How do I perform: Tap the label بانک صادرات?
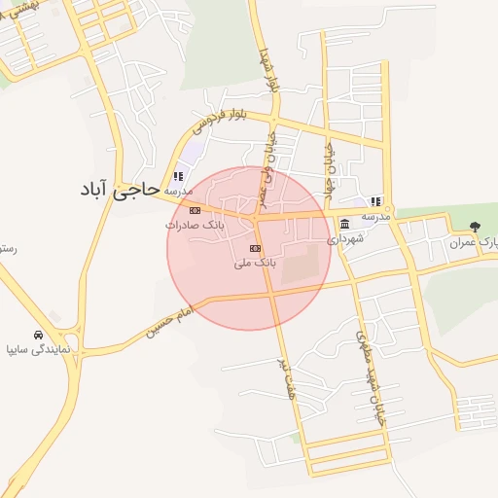pos(195,225)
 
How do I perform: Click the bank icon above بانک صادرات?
pos(195,210)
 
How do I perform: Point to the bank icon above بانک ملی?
pos(255,249)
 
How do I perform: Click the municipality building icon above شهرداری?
pos(345,225)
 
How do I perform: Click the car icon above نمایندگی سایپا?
pos(37,333)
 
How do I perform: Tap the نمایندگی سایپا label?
pos(38,346)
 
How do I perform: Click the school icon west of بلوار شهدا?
pos(177,176)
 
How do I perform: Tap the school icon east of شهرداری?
pos(375,201)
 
